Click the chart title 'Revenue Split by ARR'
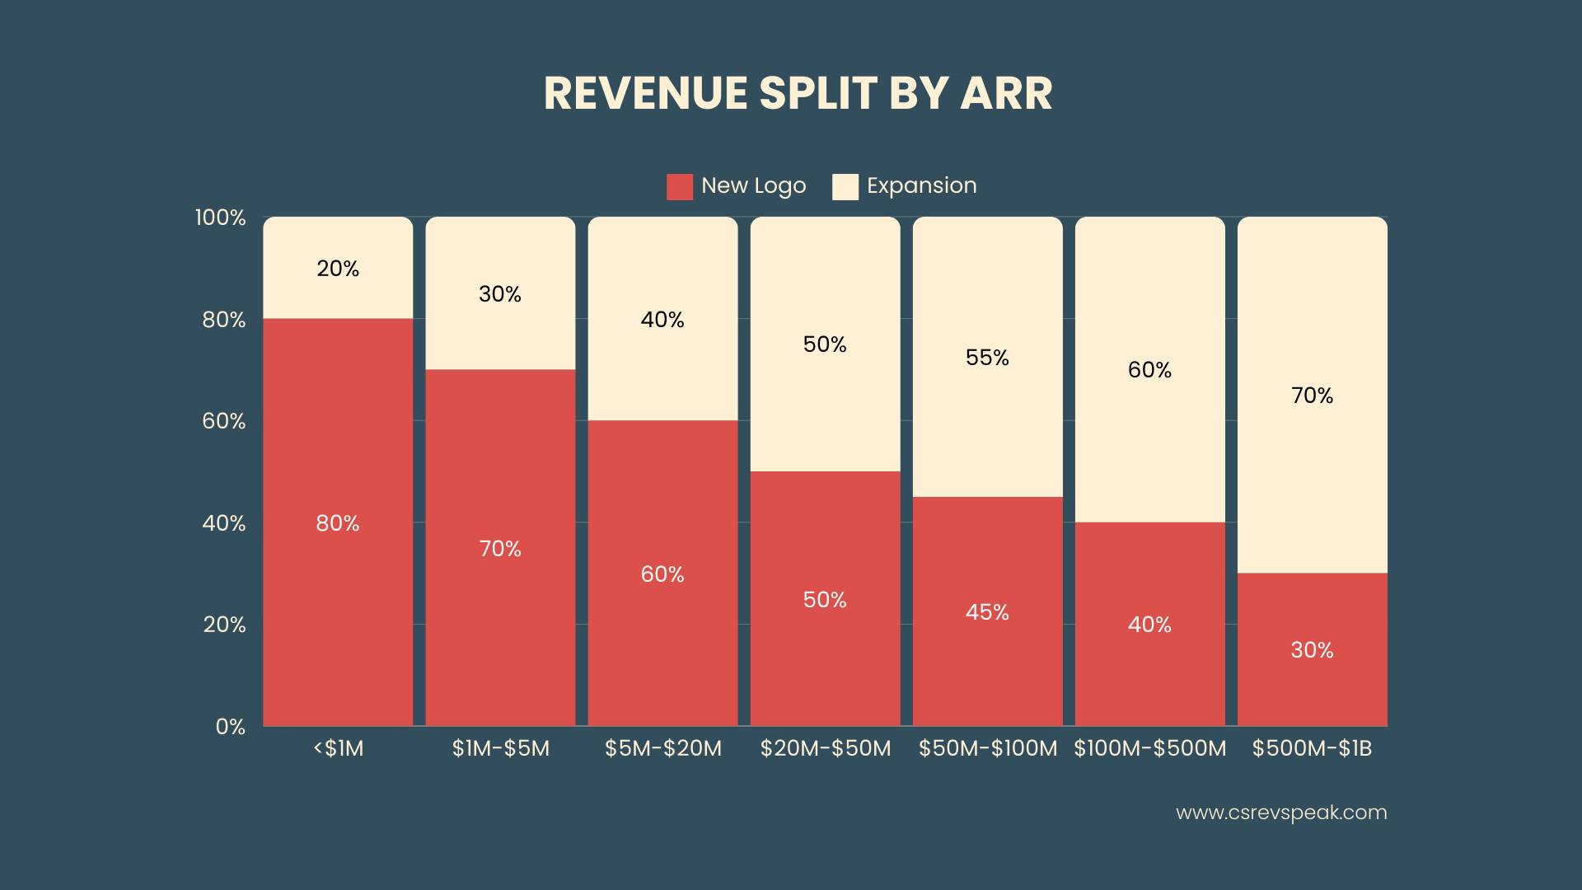[x=798, y=92]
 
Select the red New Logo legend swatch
[x=680, y=186]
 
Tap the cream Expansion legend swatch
[x=845, y=186]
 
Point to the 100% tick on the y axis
[x=220, y=218]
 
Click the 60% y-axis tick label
[x=224, y=421]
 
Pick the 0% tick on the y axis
[x=231, y=727]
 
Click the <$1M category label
[x=338, y=748]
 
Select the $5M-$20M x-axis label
[x=662, y=748]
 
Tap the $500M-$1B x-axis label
[x=1312, y=748]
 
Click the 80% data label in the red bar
[x=338, y=523]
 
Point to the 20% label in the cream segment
[x=338, y=269]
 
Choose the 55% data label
[x=987, y=358]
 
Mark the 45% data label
[x=987, y=612]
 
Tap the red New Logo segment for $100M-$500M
[x=1149, y=676]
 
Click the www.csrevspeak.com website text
[x=1281, y=813]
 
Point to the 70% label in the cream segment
[x=1312, y=396]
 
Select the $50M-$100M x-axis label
[x=987, y=748]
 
